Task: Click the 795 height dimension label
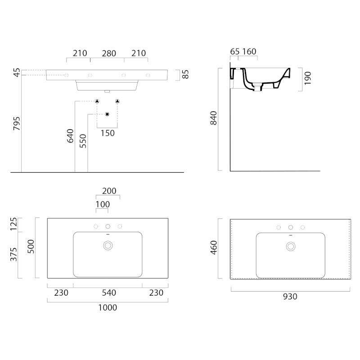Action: click(17, 123)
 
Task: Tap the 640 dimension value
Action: click(70, 136)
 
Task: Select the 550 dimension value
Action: click(83, 141)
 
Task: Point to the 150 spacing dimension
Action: click(108, 133)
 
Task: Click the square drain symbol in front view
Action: click(107, 114)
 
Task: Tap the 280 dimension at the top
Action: click(109, 54)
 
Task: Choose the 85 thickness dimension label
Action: click(185, 74)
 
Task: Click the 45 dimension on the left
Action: click(17, 72)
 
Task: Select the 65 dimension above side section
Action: click(234, 51)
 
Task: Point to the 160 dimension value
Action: click(249, 51)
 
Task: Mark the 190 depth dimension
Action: click(308, 78)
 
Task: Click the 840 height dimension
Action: click(213, 118)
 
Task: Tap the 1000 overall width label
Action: click(108, 307)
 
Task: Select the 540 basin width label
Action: click(109, 293)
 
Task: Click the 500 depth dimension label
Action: click(31, 247)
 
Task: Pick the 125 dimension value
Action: click(13, 224)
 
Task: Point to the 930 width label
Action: click(290, 297)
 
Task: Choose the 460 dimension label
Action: click(213, 247)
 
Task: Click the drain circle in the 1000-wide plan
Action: click(108, 246)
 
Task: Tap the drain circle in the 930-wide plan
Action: click(291, 247)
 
